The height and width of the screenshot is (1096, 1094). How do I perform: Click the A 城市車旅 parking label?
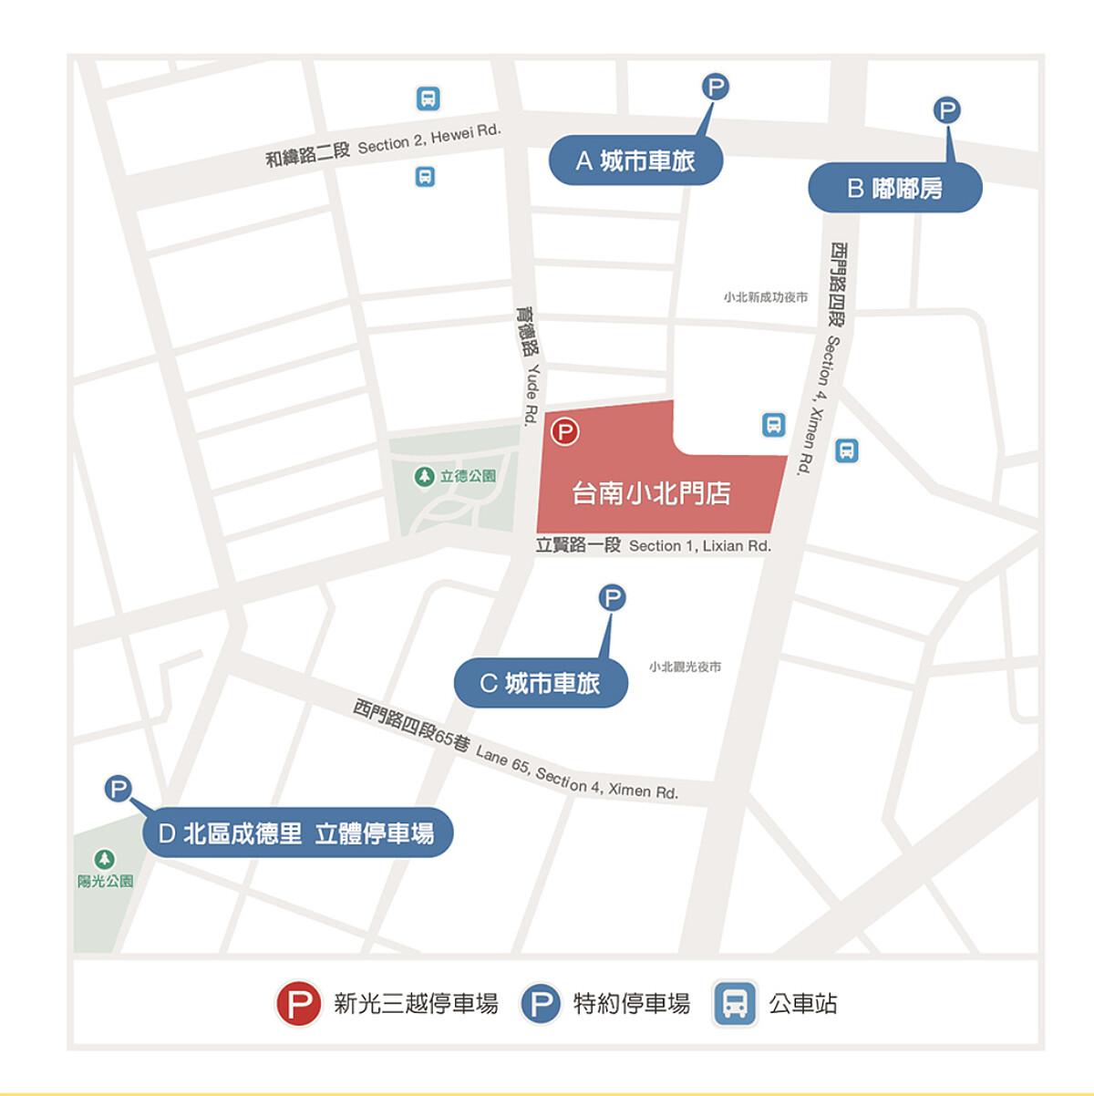(635, 161)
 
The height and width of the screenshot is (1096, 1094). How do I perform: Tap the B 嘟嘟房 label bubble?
(894, 189)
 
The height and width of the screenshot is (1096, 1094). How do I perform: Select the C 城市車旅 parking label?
(541, 683)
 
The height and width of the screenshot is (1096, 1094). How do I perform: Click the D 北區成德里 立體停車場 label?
(297, 832)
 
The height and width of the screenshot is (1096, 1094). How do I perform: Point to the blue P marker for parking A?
(716, 87)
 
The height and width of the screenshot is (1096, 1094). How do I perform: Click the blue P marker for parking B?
(947, 110)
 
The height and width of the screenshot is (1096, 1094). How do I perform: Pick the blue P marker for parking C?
(612, 598)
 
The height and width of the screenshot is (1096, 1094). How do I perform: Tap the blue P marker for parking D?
(119, 789)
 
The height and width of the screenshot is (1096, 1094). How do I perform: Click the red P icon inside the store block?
(565, 431)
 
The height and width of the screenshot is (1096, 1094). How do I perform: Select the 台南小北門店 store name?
(651, 493)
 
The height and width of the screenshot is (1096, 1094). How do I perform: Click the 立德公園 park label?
(467, 476)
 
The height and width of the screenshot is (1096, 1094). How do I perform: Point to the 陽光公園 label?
(105, 881)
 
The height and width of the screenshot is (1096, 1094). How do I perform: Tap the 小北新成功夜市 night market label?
(766, 297)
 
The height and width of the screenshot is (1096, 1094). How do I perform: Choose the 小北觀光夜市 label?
(685, 667)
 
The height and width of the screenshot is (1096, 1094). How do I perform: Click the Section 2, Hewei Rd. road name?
(429, 140)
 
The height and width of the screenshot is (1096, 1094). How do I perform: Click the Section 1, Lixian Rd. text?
(700, 546)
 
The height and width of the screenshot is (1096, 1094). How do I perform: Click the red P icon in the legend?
(299, 1004)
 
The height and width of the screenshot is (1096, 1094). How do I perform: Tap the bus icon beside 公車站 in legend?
(735, 1004)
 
